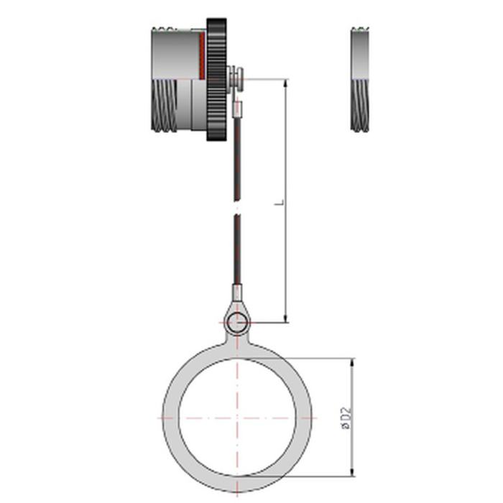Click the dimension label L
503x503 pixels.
[282, 203]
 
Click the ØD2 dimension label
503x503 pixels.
[347, 418]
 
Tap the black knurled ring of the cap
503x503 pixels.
[216, 80]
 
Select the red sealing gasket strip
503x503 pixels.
[202, 55]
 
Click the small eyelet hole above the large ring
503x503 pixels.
[236, 322]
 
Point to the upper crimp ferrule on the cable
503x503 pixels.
[236, 109]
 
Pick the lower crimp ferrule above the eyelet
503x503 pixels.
[236, 291]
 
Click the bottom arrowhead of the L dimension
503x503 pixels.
[287, 318]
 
